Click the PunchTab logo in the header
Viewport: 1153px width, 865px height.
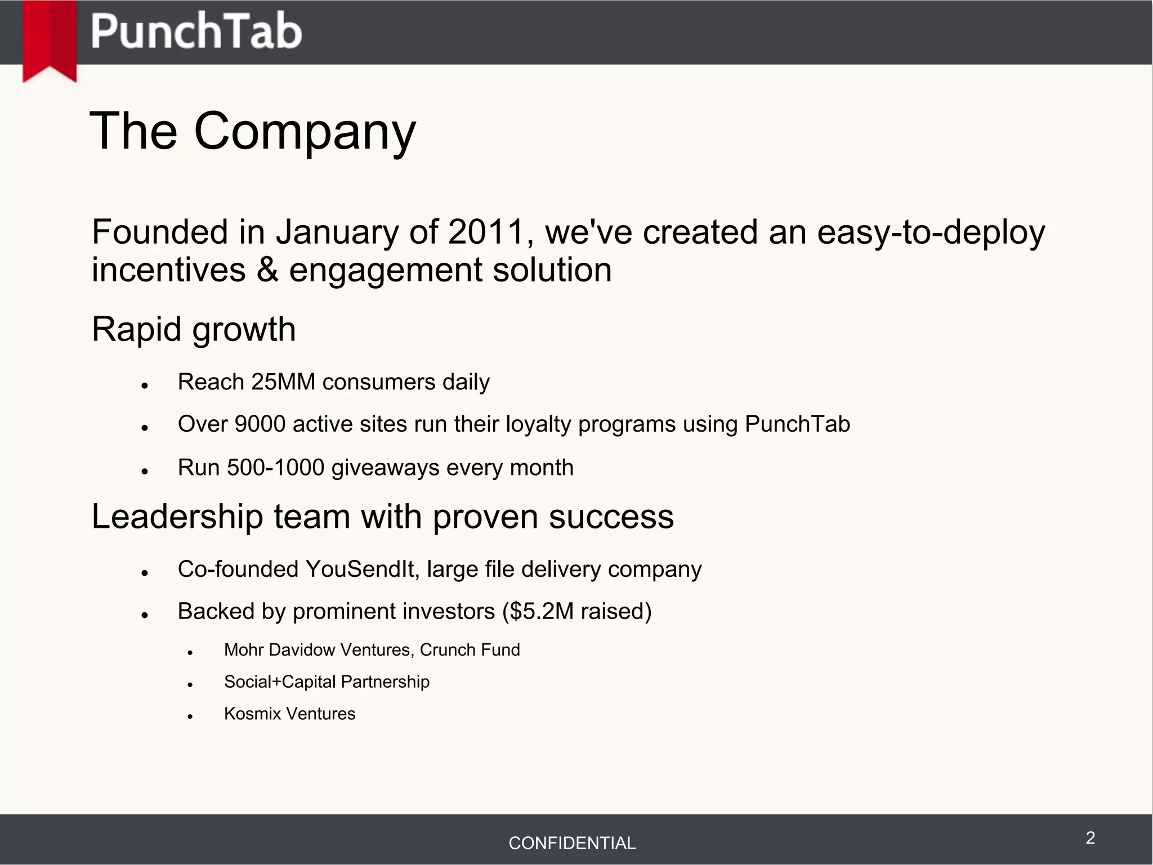tap(196, 32)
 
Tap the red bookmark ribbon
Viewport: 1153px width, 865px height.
tap(50, 39)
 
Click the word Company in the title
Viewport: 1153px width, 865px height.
tap(304, 132)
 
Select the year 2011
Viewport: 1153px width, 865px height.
tap(486, 232)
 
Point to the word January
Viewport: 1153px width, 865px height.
tap(337, 232)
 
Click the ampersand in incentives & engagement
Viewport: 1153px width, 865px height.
tap(267, 270)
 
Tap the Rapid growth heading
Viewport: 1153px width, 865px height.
tap(194, 329)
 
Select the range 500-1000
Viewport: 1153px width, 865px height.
tap(275, 468)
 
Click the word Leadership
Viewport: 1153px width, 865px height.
tap(177, 517)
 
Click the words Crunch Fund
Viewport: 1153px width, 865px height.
tap(470, 650)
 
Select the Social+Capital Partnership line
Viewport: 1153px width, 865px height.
tap(327, 682)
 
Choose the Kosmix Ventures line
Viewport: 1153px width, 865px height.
tap(289, 714)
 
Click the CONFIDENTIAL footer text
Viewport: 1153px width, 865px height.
tap(572, 843)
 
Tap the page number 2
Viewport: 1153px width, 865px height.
tap(1090, 838)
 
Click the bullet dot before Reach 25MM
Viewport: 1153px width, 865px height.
tap(145, 386)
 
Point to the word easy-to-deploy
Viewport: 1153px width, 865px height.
tap(931, 232)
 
